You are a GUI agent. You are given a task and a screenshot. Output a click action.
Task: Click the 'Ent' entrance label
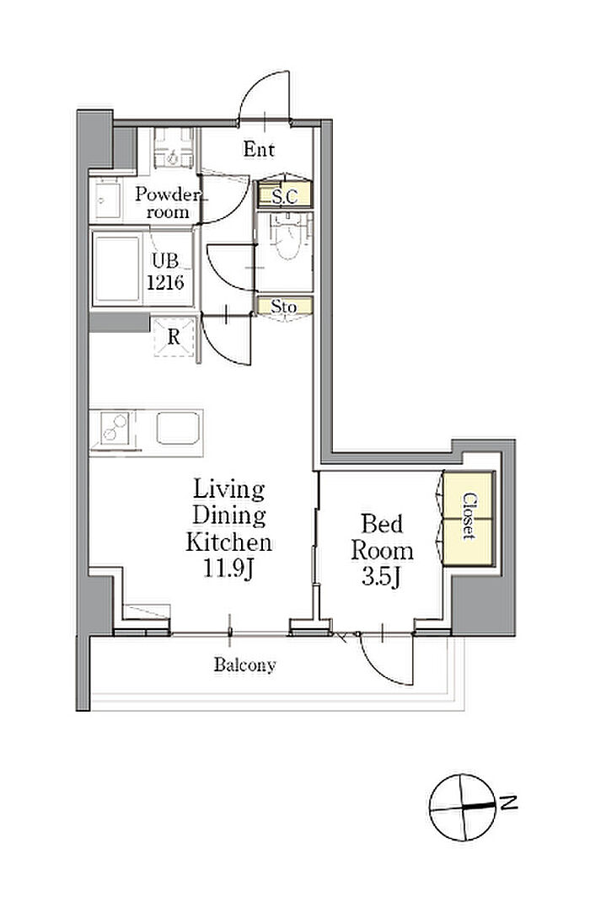259,149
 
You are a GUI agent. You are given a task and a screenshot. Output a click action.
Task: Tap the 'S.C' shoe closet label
285,197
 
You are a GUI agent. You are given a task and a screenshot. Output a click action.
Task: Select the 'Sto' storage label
283,307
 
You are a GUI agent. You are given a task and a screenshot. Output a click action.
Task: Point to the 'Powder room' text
167,203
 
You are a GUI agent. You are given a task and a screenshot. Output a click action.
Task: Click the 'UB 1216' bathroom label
165,272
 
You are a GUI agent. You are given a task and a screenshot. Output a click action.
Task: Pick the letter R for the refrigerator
174,337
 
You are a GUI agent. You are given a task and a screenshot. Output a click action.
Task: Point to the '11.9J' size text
228,568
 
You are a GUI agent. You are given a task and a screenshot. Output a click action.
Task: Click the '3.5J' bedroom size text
381,577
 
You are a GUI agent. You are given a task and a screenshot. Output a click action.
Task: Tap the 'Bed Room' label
382,536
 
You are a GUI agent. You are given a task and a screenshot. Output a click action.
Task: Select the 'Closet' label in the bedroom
469,516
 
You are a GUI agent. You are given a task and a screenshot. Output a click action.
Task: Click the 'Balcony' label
244,665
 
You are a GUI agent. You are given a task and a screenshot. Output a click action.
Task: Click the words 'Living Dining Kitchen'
229,515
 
